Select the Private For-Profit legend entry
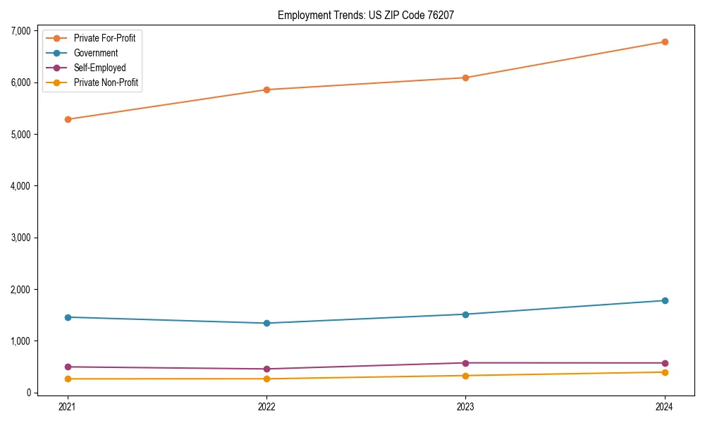coord(104,38)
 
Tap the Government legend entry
coord(96,53)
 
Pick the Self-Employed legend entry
coord(99,68)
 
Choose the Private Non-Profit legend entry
coord(106,82)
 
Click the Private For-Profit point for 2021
coord(68,119)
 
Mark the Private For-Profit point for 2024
coord(665,42)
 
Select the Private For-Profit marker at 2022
coord(266,90)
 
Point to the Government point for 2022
coord(266,323)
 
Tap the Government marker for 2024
coord(665,300)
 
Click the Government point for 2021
coord(68,317)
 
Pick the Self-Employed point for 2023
coord(465,363)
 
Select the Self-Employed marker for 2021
coord(68,367)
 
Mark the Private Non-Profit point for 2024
coord(665,372)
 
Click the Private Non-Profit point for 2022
coord(266,379)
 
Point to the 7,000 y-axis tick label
coord(20,31)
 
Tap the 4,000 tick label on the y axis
coord(20,186)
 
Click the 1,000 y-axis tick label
coord(20,341)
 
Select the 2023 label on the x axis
coord(465,406)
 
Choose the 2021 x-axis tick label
coord(68,406)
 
